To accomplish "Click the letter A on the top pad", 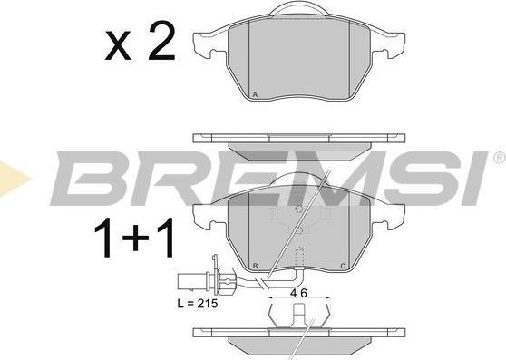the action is click(255, 94).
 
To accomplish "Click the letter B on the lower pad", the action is click(255, 266).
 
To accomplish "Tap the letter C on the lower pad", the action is click(343, 266).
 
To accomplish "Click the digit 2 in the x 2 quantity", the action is click(161, 41).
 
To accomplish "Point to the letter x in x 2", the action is click(118, 45).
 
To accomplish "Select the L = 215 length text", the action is click(198, 304).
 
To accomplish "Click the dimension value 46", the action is click(298, 293).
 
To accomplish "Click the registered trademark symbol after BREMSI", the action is click(499, 158).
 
